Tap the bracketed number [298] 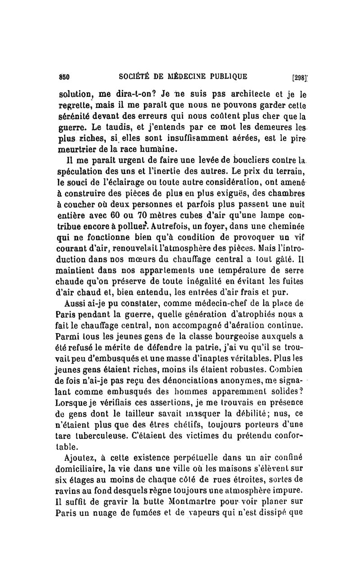[299, 77]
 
